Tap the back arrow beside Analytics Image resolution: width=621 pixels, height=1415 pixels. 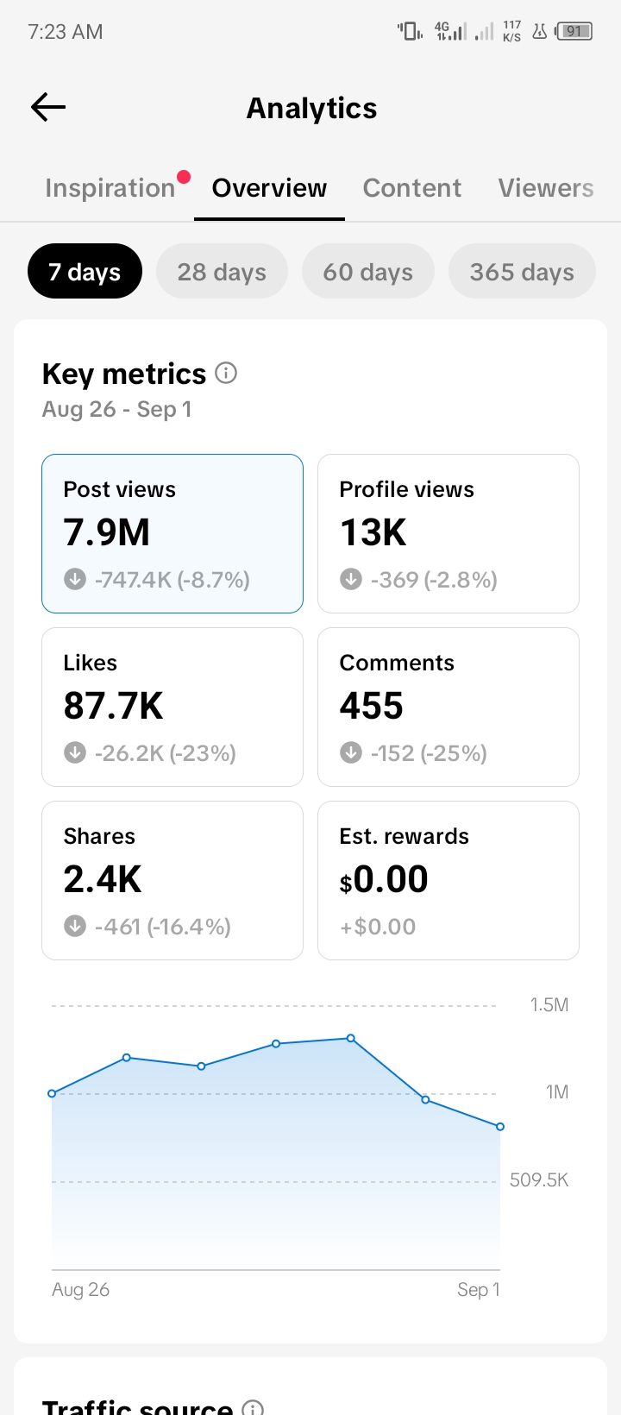[x=48, y=107]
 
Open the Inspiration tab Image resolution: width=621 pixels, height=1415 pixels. [x=110, y=187]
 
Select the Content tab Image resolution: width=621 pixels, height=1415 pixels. [x=412, y=187]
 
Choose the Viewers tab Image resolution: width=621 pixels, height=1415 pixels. [x=546, y=187]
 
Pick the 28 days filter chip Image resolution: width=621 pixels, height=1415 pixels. [x=222, y=271]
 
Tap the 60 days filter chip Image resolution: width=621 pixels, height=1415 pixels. [x=367, y=271]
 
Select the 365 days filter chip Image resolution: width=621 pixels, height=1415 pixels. [x=522, y=271]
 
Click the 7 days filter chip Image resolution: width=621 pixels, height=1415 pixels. [x=85, y=271]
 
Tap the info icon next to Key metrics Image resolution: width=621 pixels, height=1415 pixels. [x=226, y=373]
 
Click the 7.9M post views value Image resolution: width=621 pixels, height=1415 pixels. [x=106, y=531]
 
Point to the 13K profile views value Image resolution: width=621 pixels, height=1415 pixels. [x=373, y=531]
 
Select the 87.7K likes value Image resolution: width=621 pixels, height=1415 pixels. [x=113, y=705]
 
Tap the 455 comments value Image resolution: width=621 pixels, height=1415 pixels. [x=372, y=705]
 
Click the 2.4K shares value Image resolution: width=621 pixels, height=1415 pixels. [x=103, y=878]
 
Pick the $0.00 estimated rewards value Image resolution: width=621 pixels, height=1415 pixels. [x=384, y=879]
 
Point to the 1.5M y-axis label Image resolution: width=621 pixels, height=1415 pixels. [x=549, y=1004]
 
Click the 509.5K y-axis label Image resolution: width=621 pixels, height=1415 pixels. [x=539, y=1180]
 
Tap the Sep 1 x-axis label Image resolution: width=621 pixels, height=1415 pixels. [x=478, y=1289]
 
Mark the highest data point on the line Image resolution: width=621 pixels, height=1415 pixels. [x=351, y=1038]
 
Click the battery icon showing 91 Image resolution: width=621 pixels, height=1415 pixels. [x=574, y=31]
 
